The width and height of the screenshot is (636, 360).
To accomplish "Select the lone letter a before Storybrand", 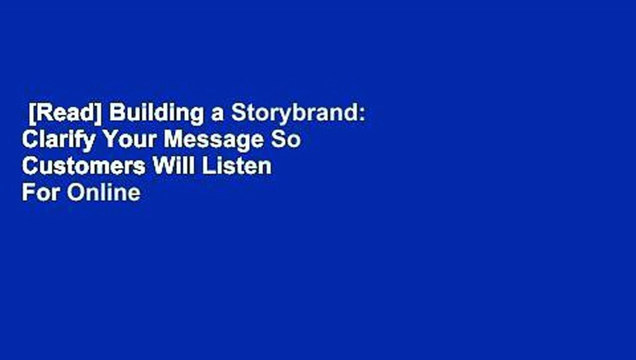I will (x=217, y=114).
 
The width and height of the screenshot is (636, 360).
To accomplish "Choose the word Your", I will (x=129, y=140).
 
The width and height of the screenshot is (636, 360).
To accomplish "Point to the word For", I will (x=41, y=192).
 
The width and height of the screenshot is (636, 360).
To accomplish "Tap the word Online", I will (x=103, y=192).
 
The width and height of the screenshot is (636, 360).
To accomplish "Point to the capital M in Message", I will (x=173, y=140).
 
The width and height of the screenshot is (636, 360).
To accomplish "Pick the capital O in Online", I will (x=75, y=192).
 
